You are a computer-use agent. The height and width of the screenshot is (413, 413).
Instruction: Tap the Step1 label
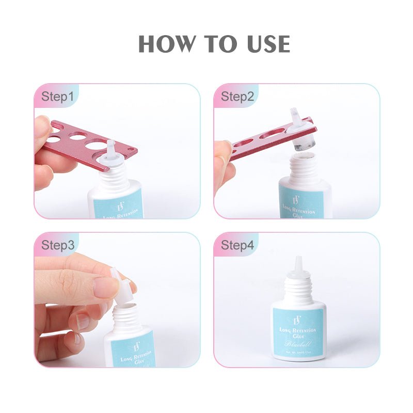tap(57, 97)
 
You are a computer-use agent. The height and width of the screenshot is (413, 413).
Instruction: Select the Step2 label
tap(237, 97)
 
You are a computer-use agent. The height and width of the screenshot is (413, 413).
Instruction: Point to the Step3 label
tap(57, 245)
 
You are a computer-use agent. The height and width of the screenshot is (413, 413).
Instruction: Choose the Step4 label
tap(237, 245)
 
